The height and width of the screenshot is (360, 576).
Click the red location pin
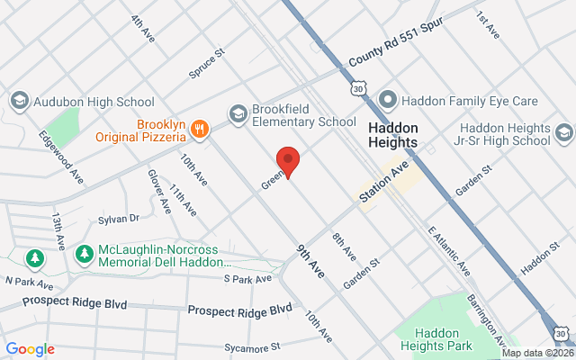tap(287, 161)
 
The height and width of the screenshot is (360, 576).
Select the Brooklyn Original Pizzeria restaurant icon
tap(199, 131)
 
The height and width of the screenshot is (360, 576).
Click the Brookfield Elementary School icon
tap(238, 113)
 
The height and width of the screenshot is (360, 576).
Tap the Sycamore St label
tap(253, 346)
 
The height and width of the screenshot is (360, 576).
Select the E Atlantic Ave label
tap(448, 251)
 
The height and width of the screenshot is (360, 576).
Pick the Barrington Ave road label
tap(490, 319)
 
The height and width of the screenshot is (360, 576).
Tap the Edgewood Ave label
tap(60, 155)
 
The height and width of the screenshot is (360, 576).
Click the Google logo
tap(30, 349)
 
